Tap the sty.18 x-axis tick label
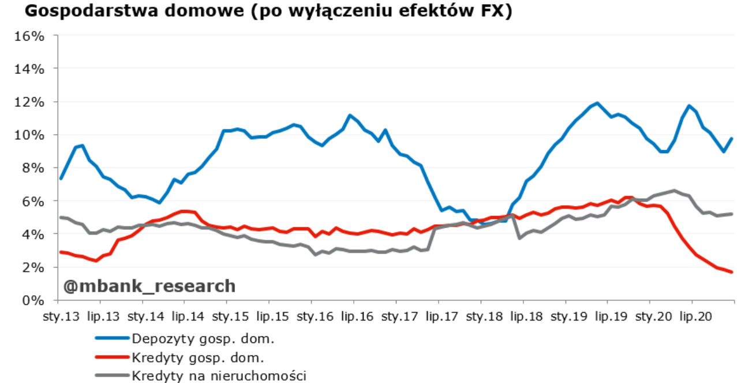[482, 317]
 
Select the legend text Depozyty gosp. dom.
[203, 338]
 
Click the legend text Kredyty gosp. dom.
[198, 357]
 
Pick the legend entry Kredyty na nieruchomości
[219, 375]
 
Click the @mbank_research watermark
[149, 286]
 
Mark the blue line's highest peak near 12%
[597, 104]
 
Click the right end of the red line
[732, 272]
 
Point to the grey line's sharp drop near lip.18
[521, 237]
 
